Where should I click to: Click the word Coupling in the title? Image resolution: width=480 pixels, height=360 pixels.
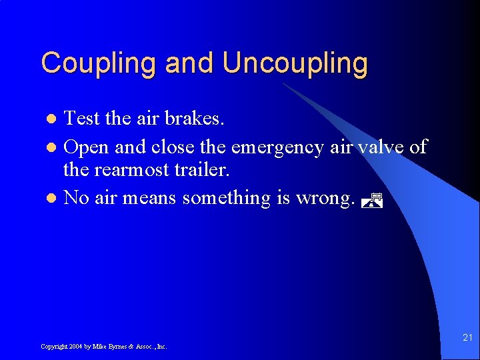[100, 64]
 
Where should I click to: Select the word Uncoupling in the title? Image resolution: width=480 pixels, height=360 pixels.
[295, 64]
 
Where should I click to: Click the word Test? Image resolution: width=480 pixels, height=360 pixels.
[82, 119]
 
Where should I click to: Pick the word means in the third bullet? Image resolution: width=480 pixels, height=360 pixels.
[153, 198]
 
